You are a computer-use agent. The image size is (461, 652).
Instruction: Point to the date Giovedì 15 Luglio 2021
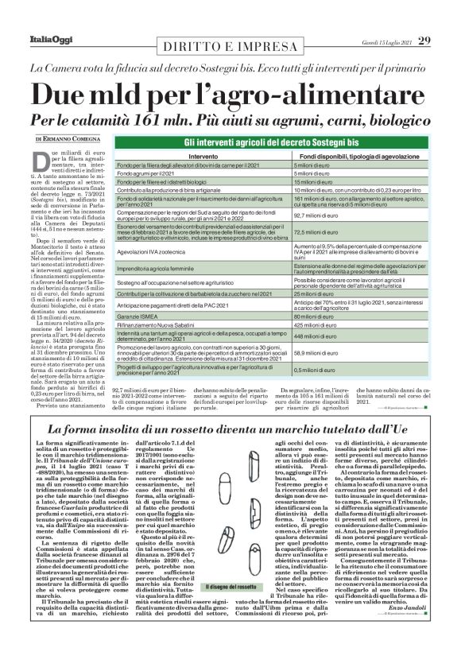(387, 20)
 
